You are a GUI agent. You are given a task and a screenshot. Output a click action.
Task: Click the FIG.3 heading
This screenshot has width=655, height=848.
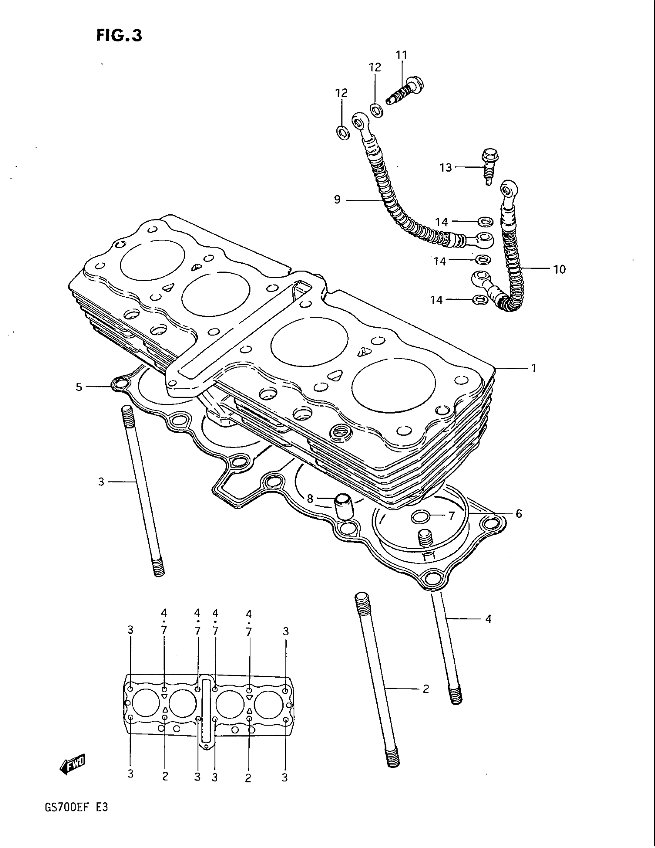[x=119, y=35]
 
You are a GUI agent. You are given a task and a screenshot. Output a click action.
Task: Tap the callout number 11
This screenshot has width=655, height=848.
[x=401, y=55]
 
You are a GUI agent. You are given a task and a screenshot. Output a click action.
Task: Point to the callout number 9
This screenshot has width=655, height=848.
[x=337, y=200]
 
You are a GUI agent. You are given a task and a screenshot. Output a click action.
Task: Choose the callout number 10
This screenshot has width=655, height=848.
[x=559, y=269]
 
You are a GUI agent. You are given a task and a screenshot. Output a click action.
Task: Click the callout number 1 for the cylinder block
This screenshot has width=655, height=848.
[x=534, y=368]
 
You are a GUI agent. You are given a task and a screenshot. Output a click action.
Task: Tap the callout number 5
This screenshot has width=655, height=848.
[x=79, y=387]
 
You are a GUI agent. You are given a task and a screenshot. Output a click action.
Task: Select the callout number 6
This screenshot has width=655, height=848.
[x=519, y=514]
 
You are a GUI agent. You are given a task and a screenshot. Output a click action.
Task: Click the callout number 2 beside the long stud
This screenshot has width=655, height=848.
[x=426, y=689]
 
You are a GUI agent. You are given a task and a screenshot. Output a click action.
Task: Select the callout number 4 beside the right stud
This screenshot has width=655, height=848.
[x=488, y=619]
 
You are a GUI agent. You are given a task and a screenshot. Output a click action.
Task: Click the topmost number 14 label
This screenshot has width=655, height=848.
[x=441, y=222]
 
